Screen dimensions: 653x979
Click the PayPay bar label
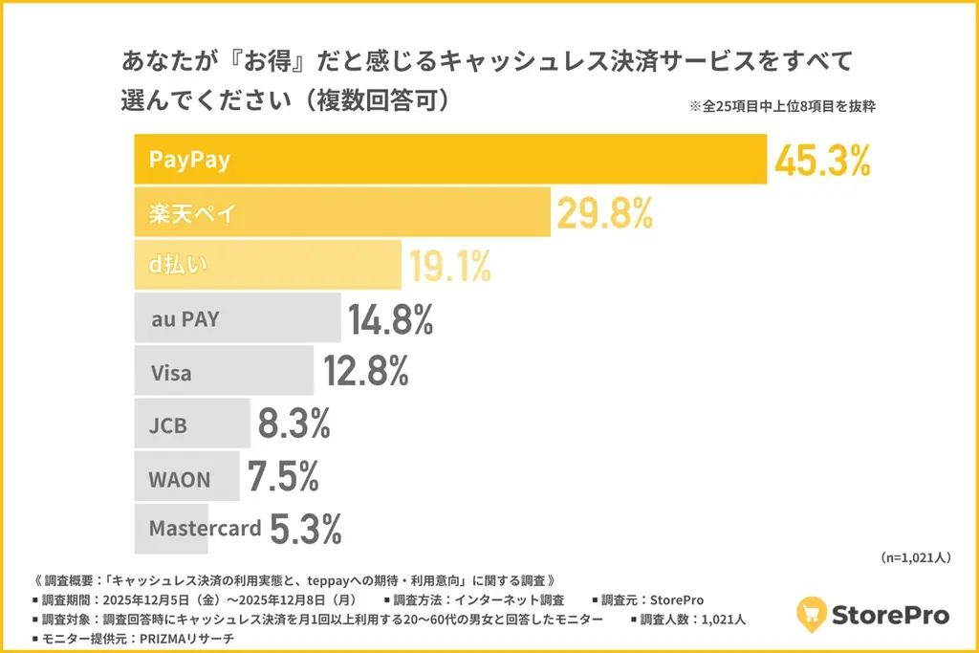(x=189, y=159)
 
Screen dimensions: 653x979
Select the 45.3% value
(x=822, y=161)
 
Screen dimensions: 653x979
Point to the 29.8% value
(x=605, y=214)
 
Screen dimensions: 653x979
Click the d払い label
(x=179, y=267)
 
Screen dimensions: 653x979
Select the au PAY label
(x=185, y=319)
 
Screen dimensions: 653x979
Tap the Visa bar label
(x=171, y=373)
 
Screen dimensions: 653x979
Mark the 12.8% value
(x=366, y=372)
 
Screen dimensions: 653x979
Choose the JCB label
(x=168, y=425)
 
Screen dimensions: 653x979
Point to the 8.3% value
(x=294, y=424)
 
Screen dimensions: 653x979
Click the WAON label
(x=179, y=479)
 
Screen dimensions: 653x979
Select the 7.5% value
(x=283, y=478)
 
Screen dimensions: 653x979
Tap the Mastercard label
(x=205, y=528)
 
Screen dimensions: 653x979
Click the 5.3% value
(x=305, y=529)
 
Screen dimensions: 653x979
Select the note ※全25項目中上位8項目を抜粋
(x=781, y=107)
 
